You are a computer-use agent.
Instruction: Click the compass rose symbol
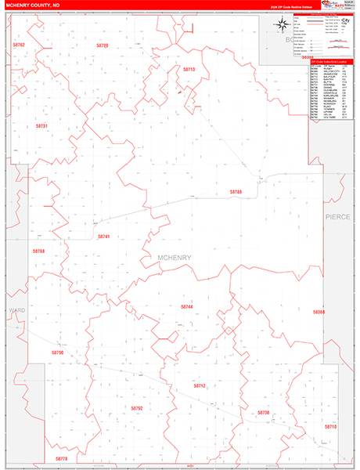click(x=280, y=24)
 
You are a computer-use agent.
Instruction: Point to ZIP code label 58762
click(x=19, y=46)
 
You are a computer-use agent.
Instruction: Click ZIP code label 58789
click(x=102, y=46)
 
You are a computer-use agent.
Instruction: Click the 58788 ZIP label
click(x=236, y=191)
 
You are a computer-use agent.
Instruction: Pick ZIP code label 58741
click(x=104, y=236)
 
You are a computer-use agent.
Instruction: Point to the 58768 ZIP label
click(x=39, y=251)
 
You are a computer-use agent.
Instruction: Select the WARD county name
click(x=17, y=310)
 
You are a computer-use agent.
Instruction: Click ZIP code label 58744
click(x=186, y=306)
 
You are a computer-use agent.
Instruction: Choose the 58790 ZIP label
click(x=57, y=353)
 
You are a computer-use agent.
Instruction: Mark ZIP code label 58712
click(x=200, y=385)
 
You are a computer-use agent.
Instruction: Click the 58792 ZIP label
click(x=137, y=408)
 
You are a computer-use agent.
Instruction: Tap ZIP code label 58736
click(x=263, y=411)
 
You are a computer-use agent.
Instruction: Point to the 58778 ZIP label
click(x=62, y=458)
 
